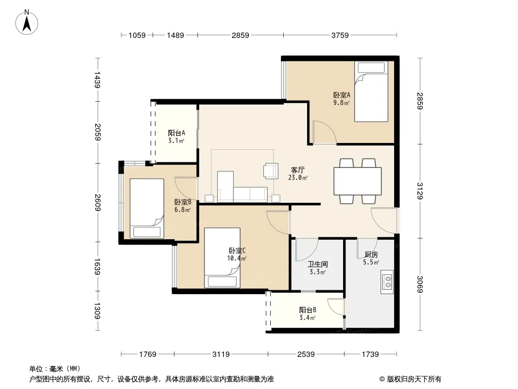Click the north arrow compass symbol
(x=27, y=22)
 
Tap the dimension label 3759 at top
(x=340, y=35)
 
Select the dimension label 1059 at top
(x=137, y=35)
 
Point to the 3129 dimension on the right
(x=420, y=191)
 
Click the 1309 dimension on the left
(x=98, y=311)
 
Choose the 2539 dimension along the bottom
(x=306, y=354)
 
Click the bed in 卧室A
(x=371, y=91)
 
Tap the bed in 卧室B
(x=147, y=209)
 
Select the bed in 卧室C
(x=222, y=258)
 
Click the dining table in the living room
(x=358, y=181)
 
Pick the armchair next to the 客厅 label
(x=271, y=171)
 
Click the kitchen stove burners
(x=387, y=282)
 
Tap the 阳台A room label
(x=176, y=133)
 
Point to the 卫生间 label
(x=317, y=265)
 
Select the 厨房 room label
(x=371, y=255)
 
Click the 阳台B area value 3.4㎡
(x=307, y=318)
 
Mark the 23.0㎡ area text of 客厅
(x=298, y=178)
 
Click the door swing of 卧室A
(x=325, y=133)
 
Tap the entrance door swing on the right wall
(x=384, y=220)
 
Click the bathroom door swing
(x=307, y=249)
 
